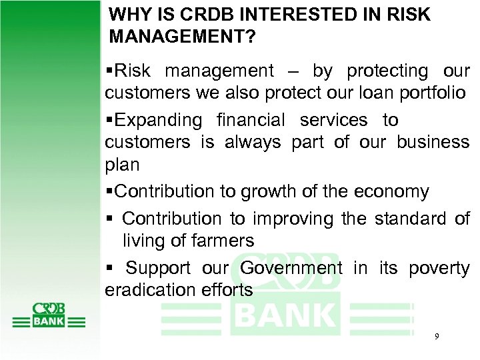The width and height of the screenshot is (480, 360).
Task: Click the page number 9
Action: (x=436, y=337)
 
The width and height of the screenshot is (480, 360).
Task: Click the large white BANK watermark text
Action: (x=285, y=315)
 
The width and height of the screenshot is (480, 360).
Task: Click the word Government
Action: (x=290, y=268)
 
